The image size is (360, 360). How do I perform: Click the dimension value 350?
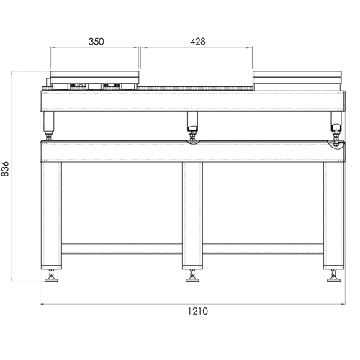[x=96, y=41]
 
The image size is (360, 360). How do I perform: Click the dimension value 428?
[x=197, y=41]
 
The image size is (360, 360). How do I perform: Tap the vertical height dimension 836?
[x=6, y=168]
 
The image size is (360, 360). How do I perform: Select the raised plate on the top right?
[x=298, y=77]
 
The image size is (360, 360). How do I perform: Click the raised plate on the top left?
[x=94, y=76]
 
